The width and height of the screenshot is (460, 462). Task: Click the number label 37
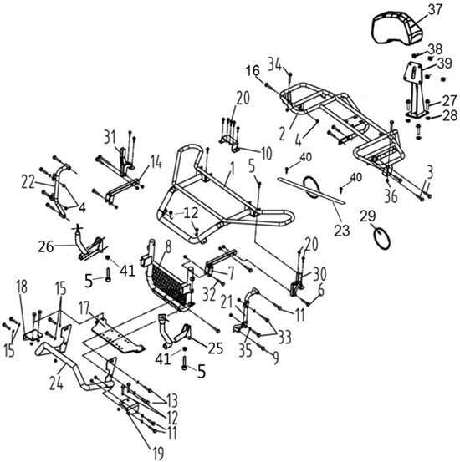[x=435, y=10]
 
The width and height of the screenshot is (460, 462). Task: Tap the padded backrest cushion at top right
[x=397, y=28]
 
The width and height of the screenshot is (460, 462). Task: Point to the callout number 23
[x=342, y=230]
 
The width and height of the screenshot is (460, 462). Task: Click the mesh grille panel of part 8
[x=169, y=284]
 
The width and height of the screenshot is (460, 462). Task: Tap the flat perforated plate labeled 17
[x=118, y=337]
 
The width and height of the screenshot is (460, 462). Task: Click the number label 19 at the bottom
[x=158, y=453]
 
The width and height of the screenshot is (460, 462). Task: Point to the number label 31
[x=110, y=137]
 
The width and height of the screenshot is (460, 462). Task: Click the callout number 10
[x=266, y=154]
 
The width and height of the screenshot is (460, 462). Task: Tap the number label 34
[x=274, y=64]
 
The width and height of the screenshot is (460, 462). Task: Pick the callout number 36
[x=391, y=196]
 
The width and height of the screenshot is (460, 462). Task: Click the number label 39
[x=444, y=63]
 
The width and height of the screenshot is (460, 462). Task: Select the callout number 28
[x=450, y=115]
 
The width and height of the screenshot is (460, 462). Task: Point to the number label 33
[x=284, y=337]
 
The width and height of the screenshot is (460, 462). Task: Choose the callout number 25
[x=216, y=348]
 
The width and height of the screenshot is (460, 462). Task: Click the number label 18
[x=23, y=287]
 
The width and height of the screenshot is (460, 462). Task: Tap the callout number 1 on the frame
[x=233, y=169]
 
